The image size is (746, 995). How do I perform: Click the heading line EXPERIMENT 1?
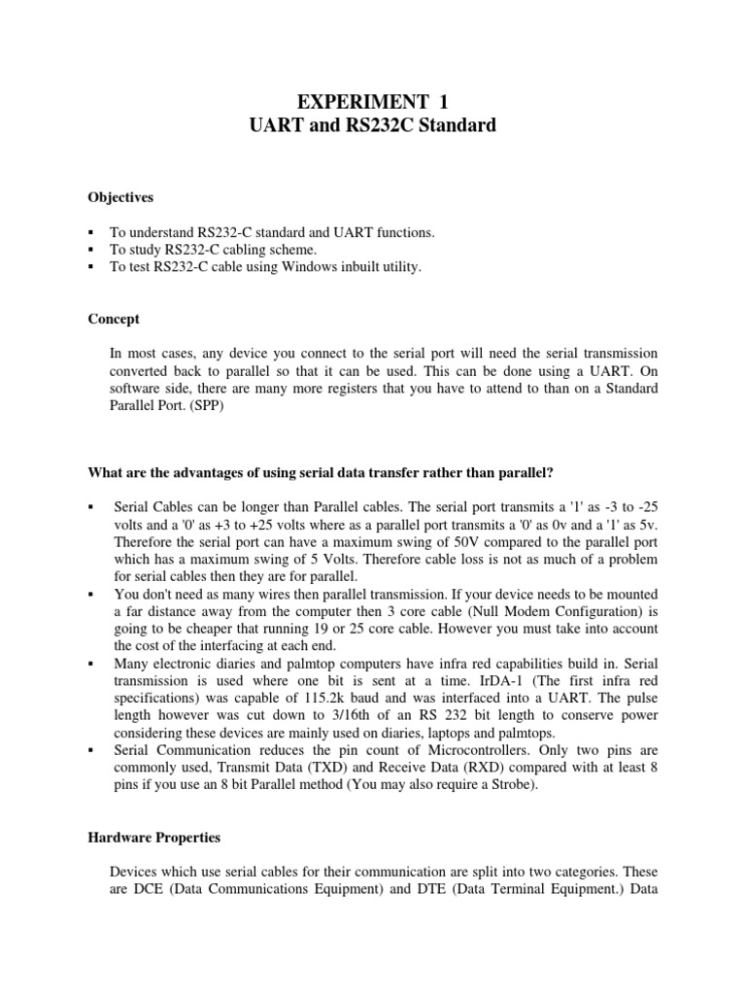click(x=373, y=101)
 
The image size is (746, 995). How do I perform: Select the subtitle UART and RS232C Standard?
click(x=373, y=126)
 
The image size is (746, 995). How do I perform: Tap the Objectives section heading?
click(x=120, y=197)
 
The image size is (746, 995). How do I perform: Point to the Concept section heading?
click(x=113, y=319)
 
